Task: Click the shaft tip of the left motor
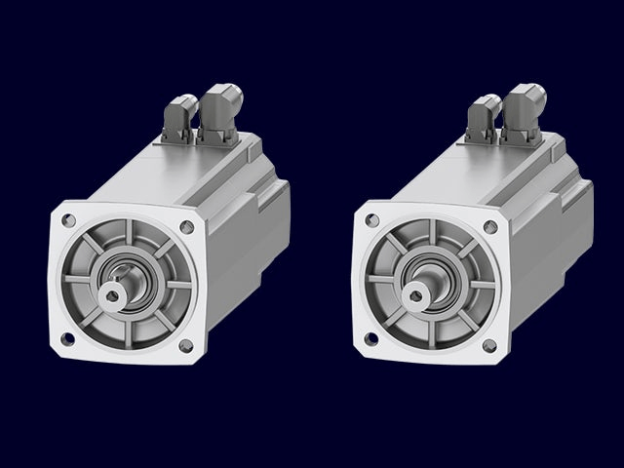click(110, 295)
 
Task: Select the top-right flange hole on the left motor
click(187, 227)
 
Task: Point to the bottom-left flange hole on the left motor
click(67, 338)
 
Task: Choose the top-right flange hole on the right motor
click(490, 227)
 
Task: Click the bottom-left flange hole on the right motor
click(370, 338)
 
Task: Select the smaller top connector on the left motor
click(178, 117)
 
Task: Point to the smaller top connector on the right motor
click(482, 117)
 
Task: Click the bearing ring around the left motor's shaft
click(126, 267)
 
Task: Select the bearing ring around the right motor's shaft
click(429, 267)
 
